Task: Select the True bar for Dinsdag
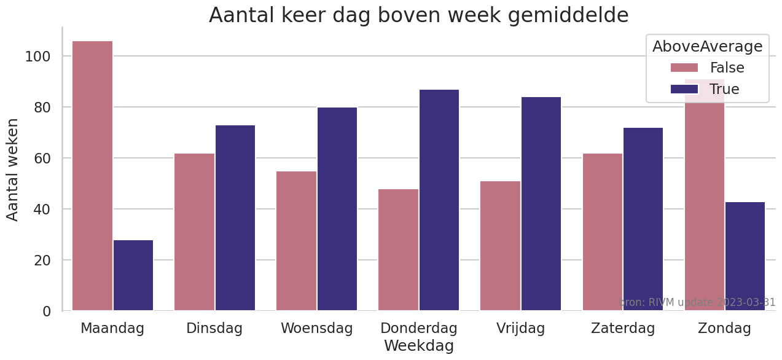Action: [235, 218]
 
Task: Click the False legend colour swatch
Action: [684, 68]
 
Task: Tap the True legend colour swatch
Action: [684, 89]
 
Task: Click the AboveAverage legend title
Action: [707, 46]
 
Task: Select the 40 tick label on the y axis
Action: [42, 209]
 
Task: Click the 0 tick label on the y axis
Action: [47, 311]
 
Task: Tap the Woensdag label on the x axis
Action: [317, 328]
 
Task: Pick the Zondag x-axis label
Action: [724, 328]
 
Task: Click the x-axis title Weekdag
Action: [419, 346]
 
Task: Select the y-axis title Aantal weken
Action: [13, 169]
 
